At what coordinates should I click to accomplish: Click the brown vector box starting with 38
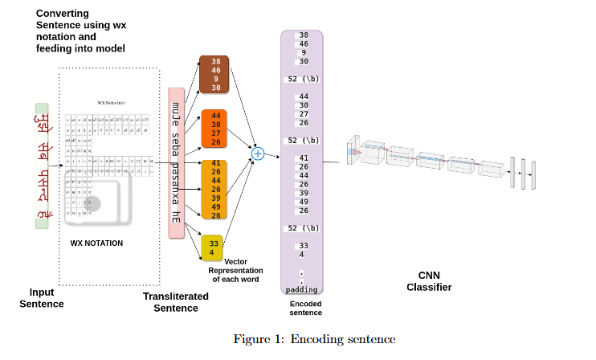point(215,74)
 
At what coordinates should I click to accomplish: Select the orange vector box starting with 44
point(215,128)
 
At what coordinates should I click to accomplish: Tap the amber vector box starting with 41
point(215,189)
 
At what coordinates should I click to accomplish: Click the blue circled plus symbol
point(258,153)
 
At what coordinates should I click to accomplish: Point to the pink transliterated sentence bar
point(176,161)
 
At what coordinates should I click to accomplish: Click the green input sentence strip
point(42,166)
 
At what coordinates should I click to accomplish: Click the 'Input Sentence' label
point(41,298)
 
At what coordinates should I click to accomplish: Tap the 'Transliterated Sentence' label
point(175,302)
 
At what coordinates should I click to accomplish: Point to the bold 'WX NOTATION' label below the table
point(96,243)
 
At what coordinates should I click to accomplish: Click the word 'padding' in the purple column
point(301,289)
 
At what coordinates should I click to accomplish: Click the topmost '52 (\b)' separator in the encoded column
point(303,79)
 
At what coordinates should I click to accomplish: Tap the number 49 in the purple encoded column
point(304,202)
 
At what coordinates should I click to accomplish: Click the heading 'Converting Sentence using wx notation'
point(80,31)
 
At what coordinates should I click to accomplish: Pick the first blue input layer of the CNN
point(351,152)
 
